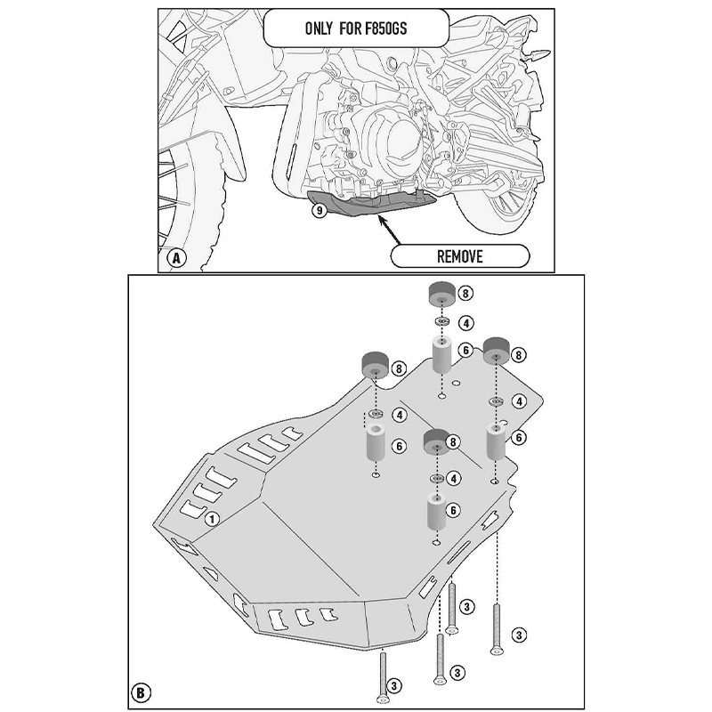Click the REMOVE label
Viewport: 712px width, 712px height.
[x=459, y=257]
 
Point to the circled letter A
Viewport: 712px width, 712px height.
[x=176, y=259]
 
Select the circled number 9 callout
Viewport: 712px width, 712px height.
[x=318, y=211]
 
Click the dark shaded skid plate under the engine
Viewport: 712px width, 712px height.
[x=374, y=206]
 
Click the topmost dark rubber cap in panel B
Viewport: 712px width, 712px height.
[x=441, y=294]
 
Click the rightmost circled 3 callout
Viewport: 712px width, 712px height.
[x=519, y=634]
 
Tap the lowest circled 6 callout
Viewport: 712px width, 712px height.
[x=454, y=510]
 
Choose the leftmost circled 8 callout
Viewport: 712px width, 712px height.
[x=398, y=367]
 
